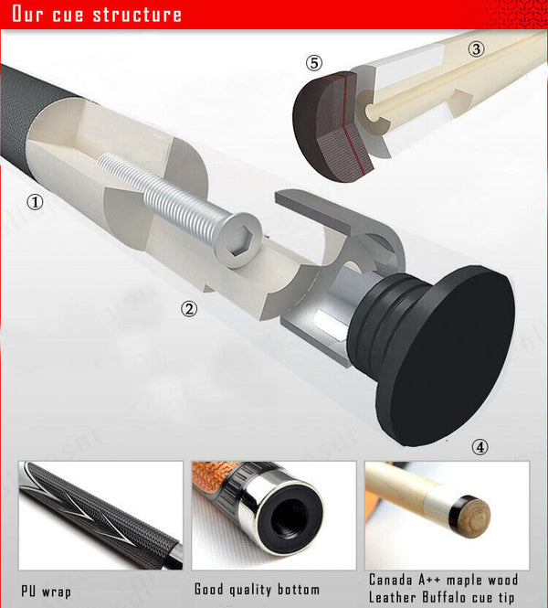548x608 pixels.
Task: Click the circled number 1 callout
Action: tap(35, 202)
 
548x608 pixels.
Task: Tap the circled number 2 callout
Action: tap(189, 309)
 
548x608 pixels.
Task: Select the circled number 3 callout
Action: tap(476, 48)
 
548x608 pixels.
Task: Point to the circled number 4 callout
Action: tap(479, 447)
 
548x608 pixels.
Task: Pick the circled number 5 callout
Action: tap(313, 63)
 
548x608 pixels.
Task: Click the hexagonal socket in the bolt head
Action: tap(237, 241)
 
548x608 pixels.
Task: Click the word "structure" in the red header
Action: tap(137, 15)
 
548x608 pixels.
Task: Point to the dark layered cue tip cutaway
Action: tap(332, 127)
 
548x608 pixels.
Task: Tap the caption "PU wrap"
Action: tap(46, 592)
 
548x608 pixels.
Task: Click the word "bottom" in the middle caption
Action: tap(299, 590)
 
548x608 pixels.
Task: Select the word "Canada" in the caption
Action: tap(391, 580)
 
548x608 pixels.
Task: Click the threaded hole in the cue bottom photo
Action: tap(291, 518)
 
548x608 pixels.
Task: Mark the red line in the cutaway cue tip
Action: tap(350, 124)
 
